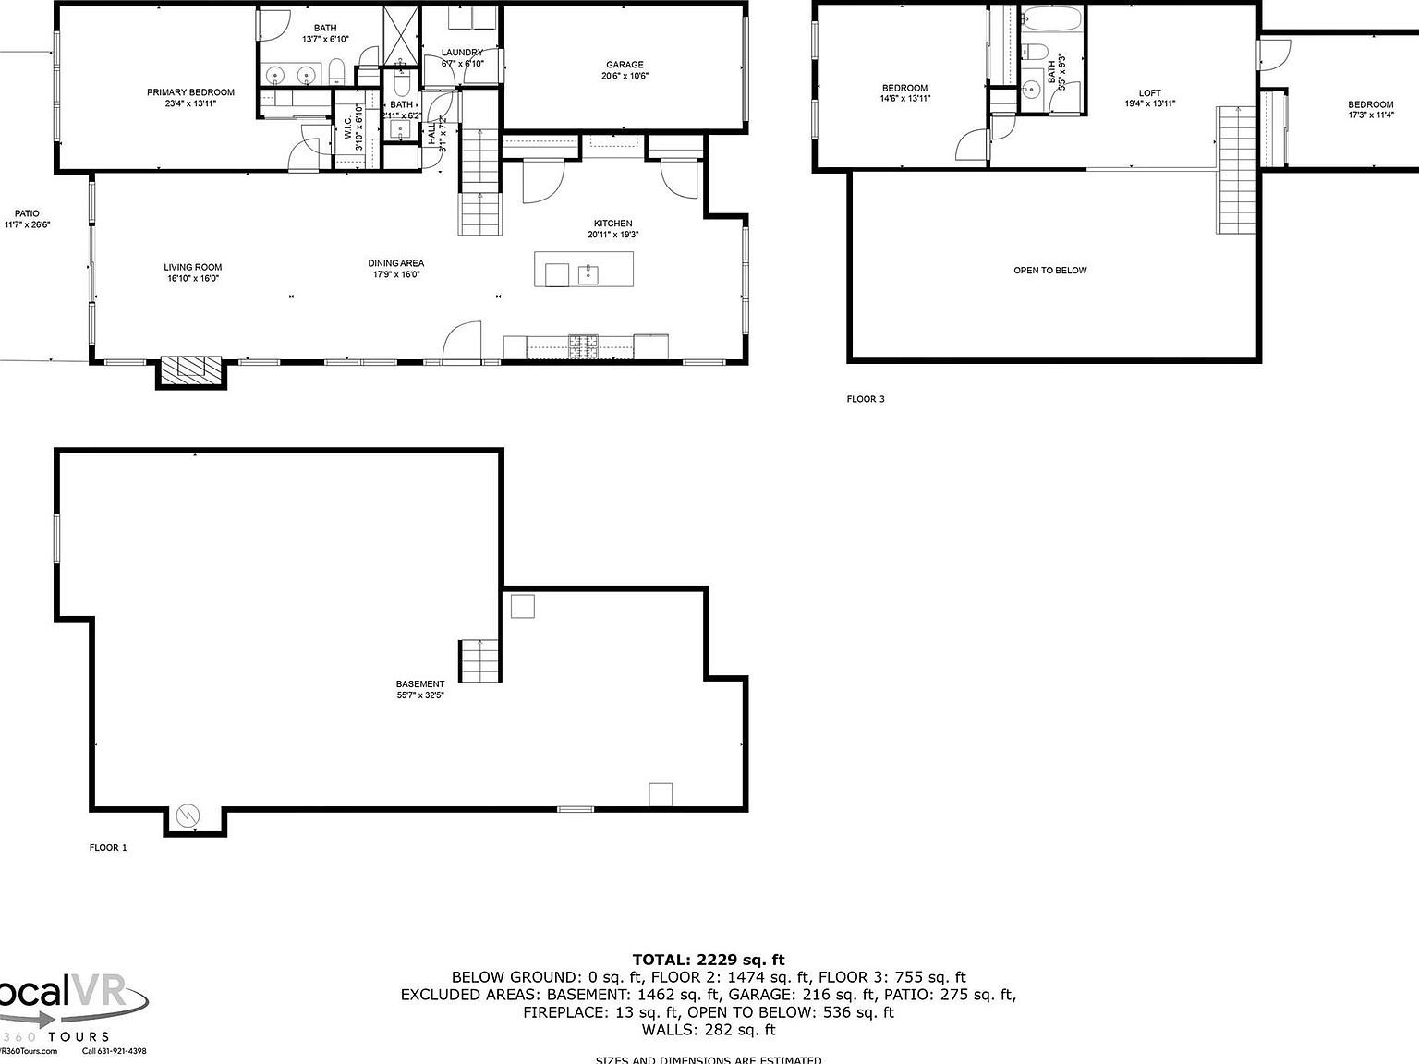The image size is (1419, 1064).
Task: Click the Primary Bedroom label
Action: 190,92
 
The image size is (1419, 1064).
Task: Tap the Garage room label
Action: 625,66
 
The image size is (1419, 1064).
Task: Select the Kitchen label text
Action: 612,224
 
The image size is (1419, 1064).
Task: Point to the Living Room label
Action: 193,268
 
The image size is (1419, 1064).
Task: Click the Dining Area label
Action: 395,264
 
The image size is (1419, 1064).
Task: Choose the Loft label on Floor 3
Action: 1149,93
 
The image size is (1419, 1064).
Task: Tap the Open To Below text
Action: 1050,271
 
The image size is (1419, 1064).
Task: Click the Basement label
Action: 420,684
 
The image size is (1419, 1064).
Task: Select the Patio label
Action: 27,214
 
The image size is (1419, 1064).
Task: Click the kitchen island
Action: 584,270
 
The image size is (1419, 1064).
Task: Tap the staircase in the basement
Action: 479,660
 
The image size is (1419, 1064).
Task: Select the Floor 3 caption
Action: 866,400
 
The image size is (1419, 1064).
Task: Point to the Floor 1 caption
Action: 108,848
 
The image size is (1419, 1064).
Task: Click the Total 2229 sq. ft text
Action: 709,961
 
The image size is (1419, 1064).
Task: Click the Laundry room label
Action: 462,53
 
